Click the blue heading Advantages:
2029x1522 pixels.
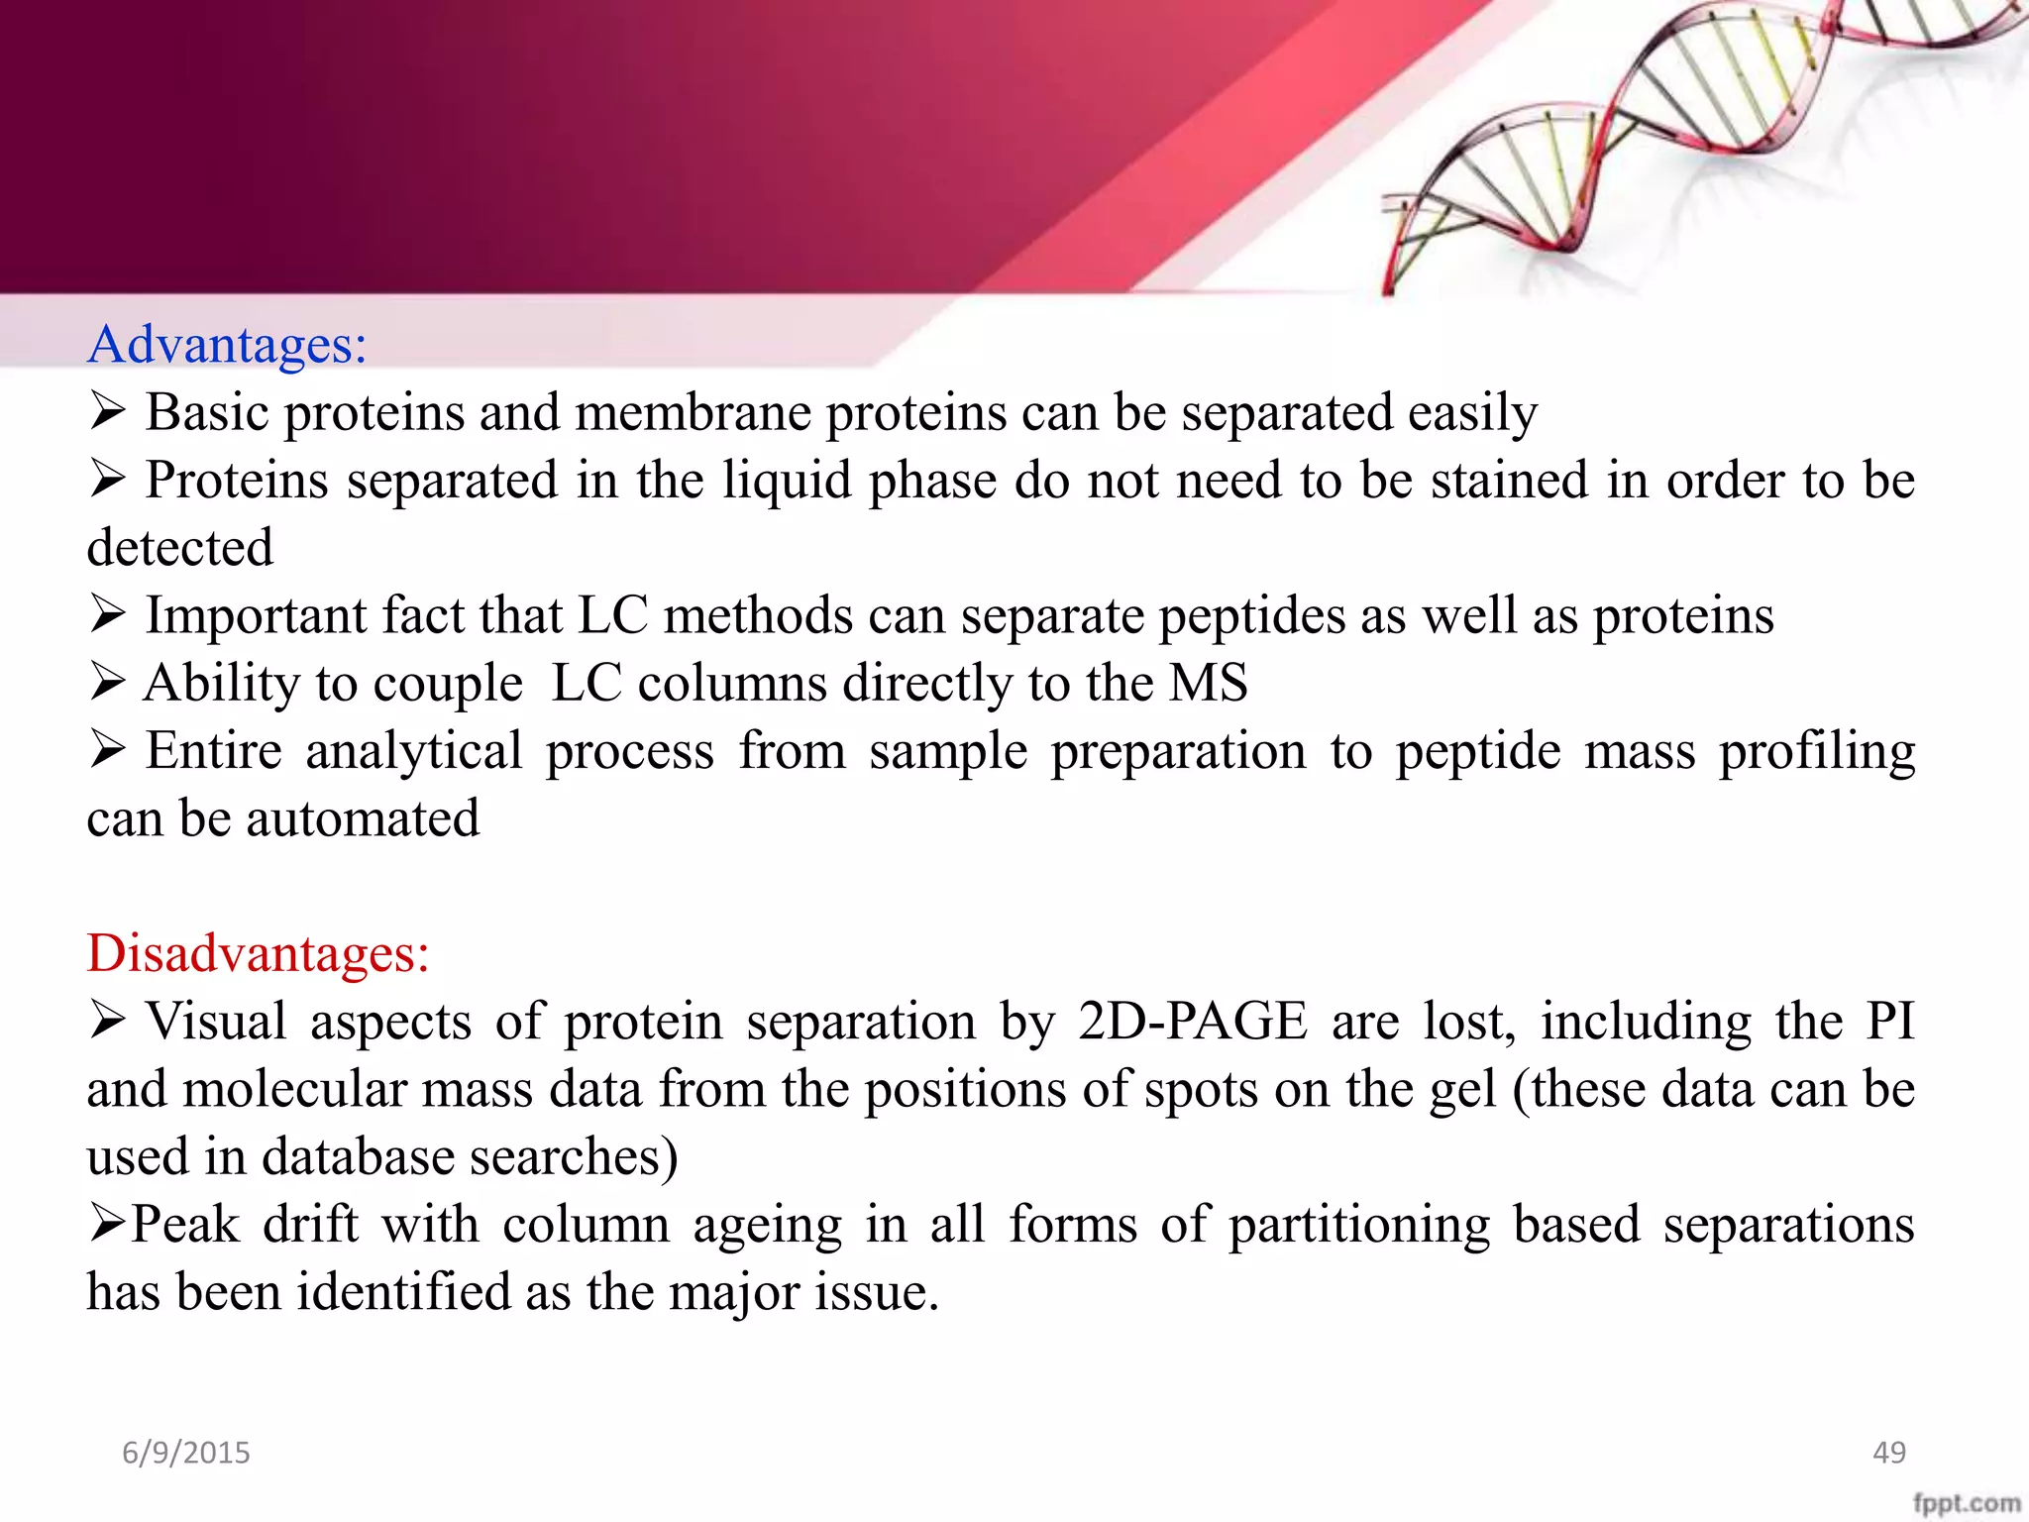tap(227, 345)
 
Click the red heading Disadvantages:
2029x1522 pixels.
tap(258, 953)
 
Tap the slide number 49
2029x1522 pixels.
tap(1889, 1453)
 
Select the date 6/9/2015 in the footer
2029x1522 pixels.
tap(186, 1453)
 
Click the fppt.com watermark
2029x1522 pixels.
tap(1966, 1502)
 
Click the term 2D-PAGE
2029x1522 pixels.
tap(1192, 1021)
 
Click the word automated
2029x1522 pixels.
tap(363, 818)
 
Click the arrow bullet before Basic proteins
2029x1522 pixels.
tap(107, 411)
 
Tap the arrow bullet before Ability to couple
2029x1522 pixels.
tap(107, 682)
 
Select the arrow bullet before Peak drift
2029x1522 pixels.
tap(107, 1224)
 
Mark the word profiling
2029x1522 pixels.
tap(1816, 751)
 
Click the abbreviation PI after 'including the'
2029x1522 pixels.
tap(1889, 1021)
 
